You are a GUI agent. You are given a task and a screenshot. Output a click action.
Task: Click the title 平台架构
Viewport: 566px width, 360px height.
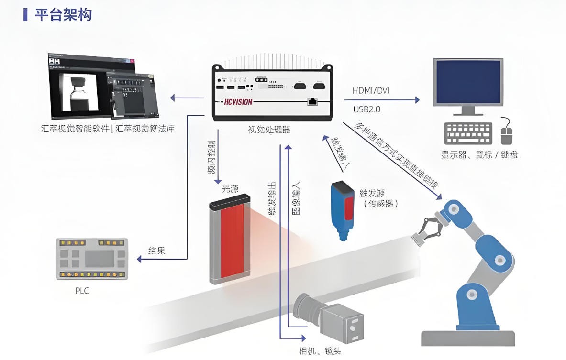(63, 14)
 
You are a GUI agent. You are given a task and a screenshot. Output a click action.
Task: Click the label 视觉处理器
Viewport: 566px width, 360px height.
(269, 130)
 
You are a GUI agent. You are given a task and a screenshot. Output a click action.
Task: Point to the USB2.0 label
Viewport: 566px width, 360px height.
(366, 109)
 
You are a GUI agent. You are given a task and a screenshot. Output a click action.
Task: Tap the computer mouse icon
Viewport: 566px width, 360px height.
(507, 133)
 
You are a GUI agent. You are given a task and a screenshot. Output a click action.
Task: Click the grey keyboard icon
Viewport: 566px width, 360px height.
(467, 133)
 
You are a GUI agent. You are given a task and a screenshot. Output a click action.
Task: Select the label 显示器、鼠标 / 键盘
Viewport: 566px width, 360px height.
(479, 155)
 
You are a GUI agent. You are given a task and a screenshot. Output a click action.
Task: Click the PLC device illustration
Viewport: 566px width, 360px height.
(91, 258)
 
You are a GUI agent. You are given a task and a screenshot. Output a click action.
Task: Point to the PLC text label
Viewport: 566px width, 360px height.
(82, 291)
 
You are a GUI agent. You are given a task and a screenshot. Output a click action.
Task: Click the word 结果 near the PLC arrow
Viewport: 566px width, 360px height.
(156, 251)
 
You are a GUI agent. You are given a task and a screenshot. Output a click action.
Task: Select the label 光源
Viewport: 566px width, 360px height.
(229, 189)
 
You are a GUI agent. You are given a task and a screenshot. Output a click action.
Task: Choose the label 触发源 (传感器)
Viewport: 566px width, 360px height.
(381, 198)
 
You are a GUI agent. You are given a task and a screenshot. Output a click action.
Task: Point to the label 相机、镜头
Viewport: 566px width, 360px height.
(320, 351)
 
